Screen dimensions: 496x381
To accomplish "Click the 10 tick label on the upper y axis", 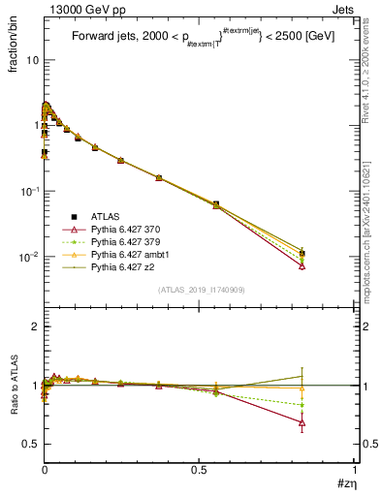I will (x=32, y=60).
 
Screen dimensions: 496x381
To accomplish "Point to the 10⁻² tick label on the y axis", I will (x=29, y=258).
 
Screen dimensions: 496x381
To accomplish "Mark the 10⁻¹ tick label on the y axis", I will (x=29, y=192).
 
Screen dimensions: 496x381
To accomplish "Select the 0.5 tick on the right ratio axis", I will (x=366, y=444).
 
